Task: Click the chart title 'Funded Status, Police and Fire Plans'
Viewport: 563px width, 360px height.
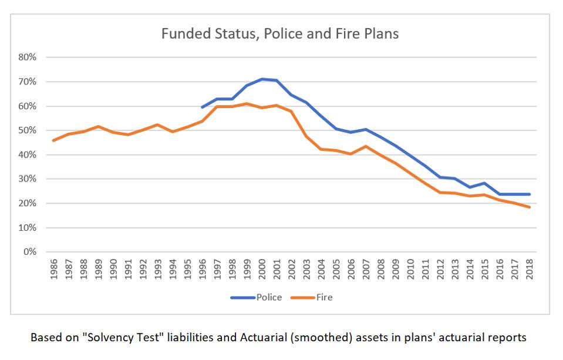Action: (280, 33)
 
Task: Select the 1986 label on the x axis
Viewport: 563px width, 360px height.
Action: (54, 269)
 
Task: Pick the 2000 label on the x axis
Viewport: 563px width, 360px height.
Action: (262, 269)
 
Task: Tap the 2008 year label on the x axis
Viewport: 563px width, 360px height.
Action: (380, 269)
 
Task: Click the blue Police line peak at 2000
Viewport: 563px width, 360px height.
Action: (262, 79)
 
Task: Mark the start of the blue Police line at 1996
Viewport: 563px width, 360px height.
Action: (203, 107)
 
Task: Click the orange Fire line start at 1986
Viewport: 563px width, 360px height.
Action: (54, 140)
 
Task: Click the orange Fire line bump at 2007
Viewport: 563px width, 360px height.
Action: (366, 146)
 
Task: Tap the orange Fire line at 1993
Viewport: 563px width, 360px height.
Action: (158, 125)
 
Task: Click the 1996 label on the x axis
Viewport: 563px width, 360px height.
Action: (203, 269)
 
